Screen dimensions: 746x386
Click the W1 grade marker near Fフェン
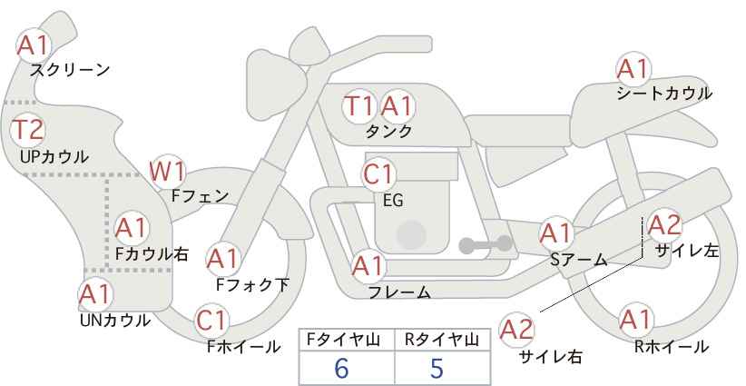(167, 172)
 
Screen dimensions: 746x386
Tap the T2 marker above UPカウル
(28, 130)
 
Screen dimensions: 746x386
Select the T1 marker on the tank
(359, 106)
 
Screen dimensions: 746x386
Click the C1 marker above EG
(378, 174)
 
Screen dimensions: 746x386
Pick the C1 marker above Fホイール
(211, 321)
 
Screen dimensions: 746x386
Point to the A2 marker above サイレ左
(664, 225)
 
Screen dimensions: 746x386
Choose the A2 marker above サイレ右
(517, 330)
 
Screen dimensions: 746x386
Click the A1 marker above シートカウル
(633, 69)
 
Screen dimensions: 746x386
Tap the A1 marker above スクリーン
(34, 45)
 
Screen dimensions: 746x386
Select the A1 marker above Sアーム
(556, 233)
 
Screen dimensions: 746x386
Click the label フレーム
(399, 292)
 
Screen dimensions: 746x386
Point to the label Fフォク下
(252, 284)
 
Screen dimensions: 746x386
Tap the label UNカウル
(115, 321)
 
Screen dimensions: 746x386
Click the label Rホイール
(672, 347)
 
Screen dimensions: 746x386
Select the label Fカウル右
(152, 254)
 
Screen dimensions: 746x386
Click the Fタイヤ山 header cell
(347, 340)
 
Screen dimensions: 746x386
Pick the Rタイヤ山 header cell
(443, 340)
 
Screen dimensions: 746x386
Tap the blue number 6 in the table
(341, 369)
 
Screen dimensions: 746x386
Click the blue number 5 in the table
(437, 369)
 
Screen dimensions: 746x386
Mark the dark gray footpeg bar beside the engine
(486, 244)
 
